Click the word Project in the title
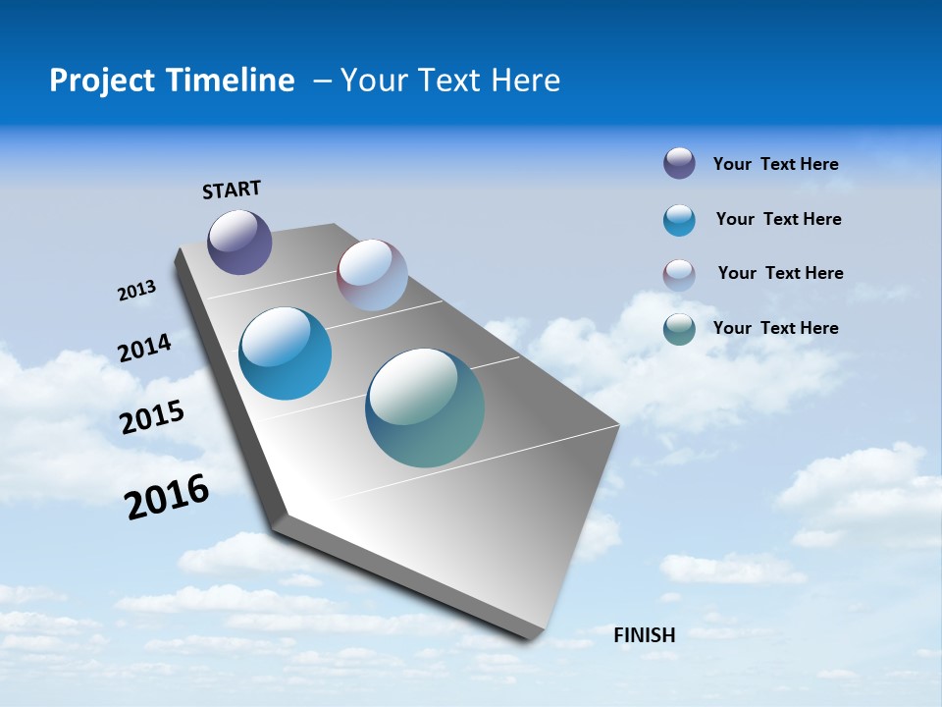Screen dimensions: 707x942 click(x=98, y=81)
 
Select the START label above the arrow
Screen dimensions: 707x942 click(x=232, y=190)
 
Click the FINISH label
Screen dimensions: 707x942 click(x=645, y=635)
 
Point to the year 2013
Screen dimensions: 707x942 click(x=137, y=291)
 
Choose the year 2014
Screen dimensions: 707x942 click(x=145, y=348)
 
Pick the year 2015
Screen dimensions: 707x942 click(x=152, y=416)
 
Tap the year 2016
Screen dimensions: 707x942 click(x=167, y=497)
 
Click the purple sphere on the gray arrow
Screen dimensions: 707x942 click(x=239, y=242)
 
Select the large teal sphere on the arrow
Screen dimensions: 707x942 click(x=425, y=408)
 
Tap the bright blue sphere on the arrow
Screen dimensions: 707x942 click(x=286, y=353)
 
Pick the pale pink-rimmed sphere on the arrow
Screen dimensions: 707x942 click(x=372, y=275)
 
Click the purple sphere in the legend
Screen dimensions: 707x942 click(x=679, y=163)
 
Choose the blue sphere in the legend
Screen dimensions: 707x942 click(x=679, y=220)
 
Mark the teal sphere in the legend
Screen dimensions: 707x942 click(x=679, y=329)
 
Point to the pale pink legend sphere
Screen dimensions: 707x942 click(x=679, y=275)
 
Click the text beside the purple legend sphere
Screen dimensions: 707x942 click(x=775, y=164)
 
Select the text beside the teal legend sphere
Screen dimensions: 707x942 click(x=775, y=328)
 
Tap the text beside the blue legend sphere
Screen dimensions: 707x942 click(x=778, y=219)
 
